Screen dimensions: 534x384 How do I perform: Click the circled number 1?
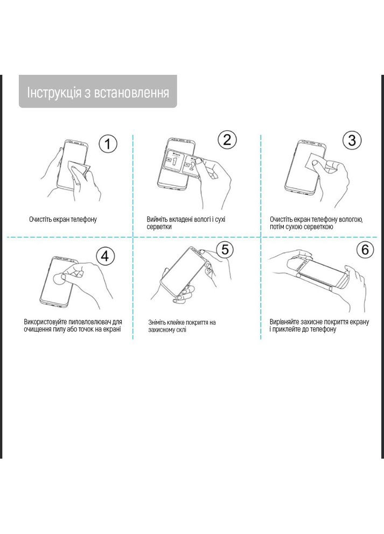(x=108, y=144)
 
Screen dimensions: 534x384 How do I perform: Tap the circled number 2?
(x=227, y=140)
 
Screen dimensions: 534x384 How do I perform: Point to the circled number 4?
(x=104, y=256)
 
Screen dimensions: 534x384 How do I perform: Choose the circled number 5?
(x=225, y=249)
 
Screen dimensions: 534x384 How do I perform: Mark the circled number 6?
(x=365, y=249)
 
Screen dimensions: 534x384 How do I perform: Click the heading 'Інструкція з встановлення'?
(x=98, y=93)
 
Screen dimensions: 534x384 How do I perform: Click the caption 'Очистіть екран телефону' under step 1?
(x=62, y=220)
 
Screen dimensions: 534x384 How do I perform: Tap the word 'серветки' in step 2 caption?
(x=159, y=227)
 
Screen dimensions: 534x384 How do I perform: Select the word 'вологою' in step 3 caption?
(x=351, y=220)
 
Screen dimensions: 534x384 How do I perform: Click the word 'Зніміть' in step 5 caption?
(x=157, y=322)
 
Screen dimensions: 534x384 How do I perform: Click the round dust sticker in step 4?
(x=62, y=279)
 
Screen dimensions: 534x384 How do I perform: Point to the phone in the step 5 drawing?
(x=183, y=272)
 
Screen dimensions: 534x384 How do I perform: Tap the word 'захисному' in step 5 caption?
(x=161, y=329)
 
